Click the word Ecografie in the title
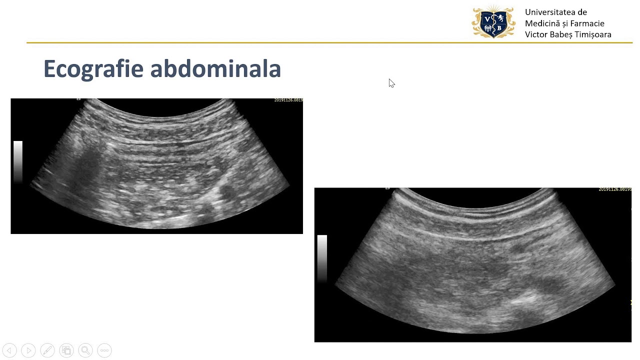94,69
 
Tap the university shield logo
493,22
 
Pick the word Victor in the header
536,34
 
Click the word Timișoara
595,34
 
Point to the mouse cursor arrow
391,82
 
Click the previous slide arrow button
9,350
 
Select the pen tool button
47,350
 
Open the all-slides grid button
66,350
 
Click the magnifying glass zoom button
85,350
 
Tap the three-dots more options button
104,350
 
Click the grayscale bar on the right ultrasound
322,257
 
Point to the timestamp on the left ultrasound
288,100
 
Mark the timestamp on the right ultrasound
614,189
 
